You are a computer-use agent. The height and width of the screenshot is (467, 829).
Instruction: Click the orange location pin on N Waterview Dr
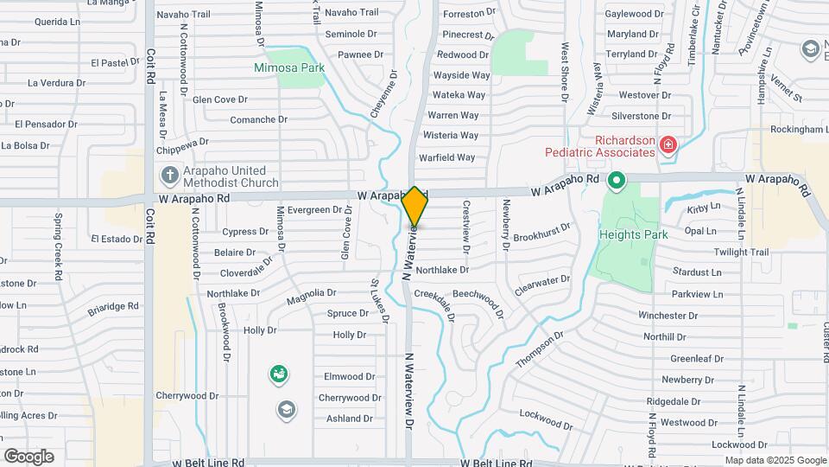tap(415, 208)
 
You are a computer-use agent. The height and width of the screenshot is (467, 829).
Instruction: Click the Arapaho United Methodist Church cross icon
tap(168, 176)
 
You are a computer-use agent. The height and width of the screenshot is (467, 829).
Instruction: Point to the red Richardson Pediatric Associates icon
tap(668, 144)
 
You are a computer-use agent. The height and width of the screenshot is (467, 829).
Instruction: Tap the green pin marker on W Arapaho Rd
tap(616, 182)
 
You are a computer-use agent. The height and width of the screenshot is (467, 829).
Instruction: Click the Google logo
tap(28, 457)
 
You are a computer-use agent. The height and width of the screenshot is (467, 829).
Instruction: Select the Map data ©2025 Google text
tap(775, 460)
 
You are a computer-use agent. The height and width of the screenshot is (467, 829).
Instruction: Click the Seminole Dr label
tap(351, 34)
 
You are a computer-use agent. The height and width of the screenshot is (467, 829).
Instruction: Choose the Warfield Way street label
tap(447, 157)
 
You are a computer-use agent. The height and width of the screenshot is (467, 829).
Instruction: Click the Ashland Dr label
tap(350, 419)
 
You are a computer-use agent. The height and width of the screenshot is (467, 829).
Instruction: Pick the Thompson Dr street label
tap(540, 349)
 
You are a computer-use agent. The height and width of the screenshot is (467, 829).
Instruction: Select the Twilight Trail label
tap(740, 252)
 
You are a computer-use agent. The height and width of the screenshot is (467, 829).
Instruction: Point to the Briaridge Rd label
tap(113, 306)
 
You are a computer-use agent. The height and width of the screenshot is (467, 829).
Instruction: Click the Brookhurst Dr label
tap(541, 233)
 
